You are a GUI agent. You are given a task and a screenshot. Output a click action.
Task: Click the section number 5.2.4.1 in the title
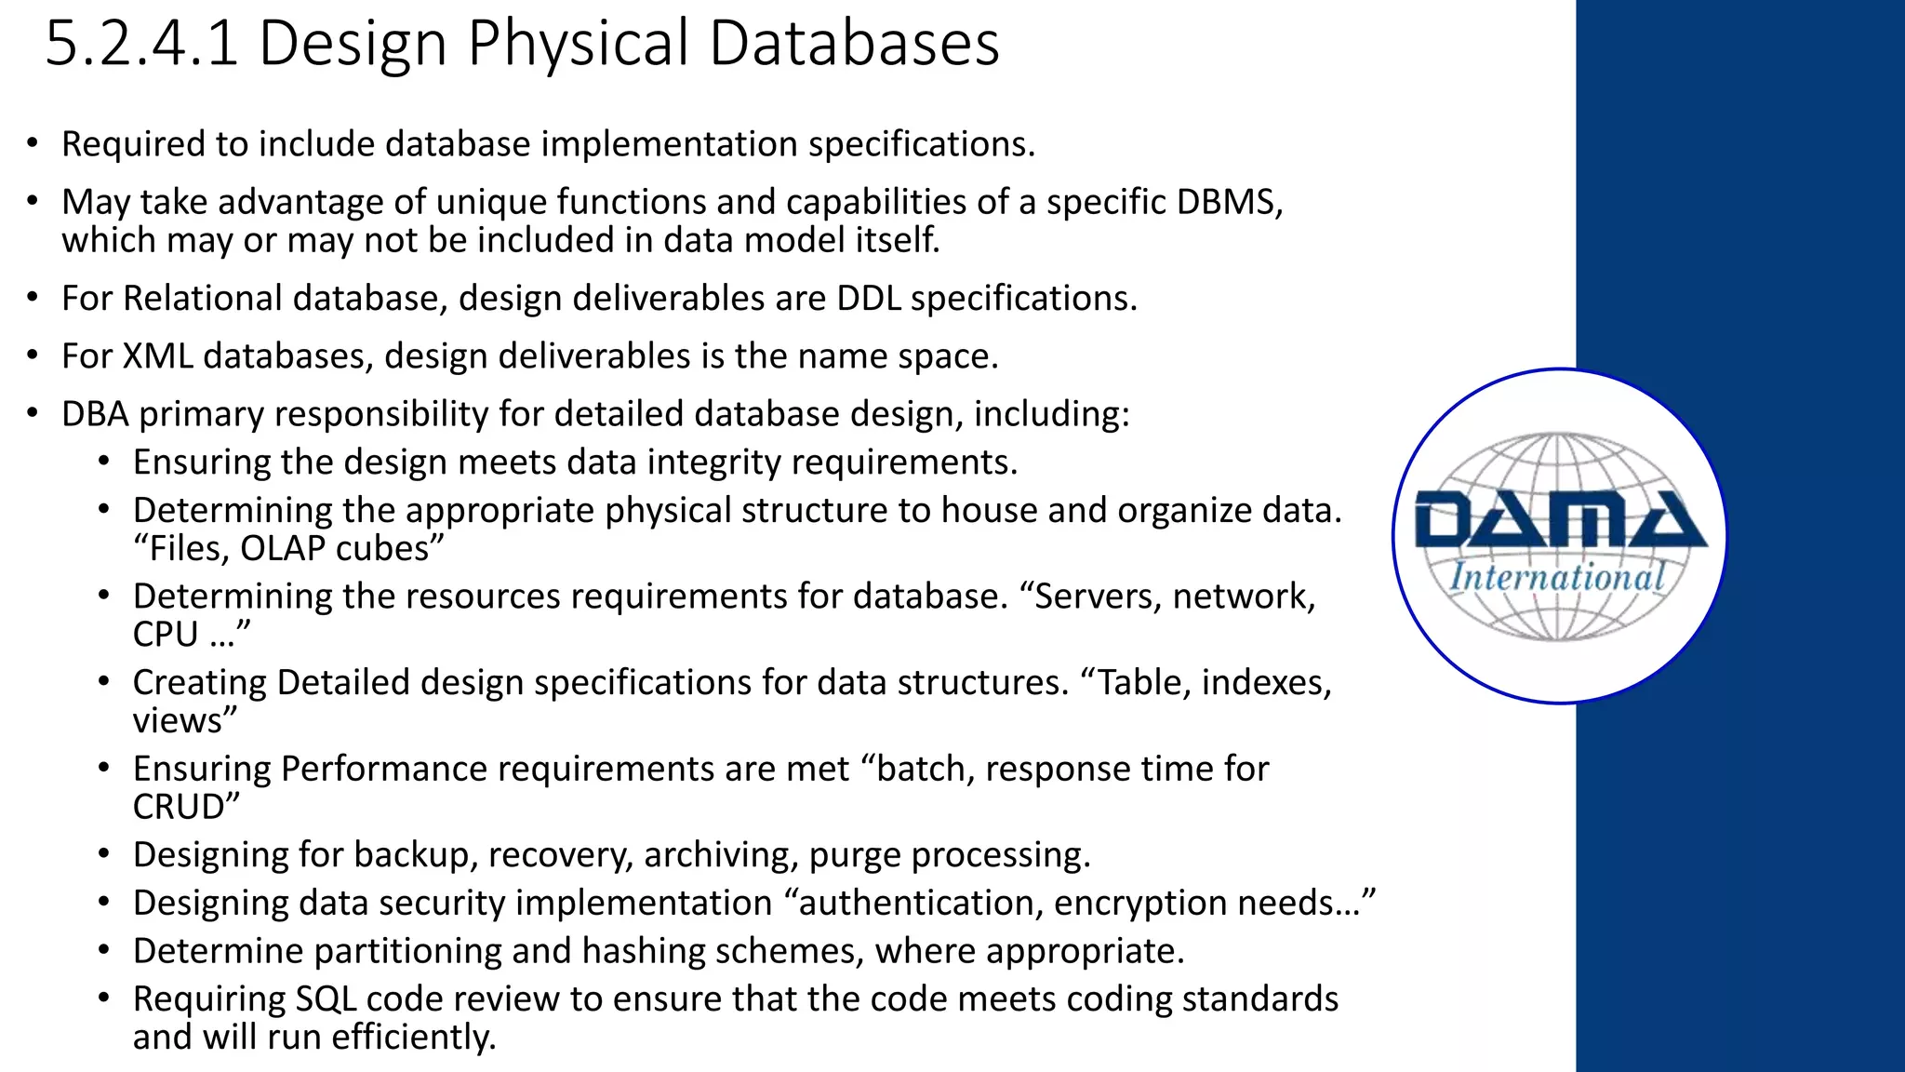tap(142, 44)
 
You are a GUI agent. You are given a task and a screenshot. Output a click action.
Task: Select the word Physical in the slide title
tap(577, 44)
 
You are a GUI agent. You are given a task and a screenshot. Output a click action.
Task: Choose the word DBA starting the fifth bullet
tap(95, 414)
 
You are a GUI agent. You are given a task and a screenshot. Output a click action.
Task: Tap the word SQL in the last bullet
tap(326, 999)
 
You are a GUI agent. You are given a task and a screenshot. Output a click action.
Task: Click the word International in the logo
tap(1557, 578)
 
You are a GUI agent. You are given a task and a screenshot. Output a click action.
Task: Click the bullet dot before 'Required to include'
tap(33, 144)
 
